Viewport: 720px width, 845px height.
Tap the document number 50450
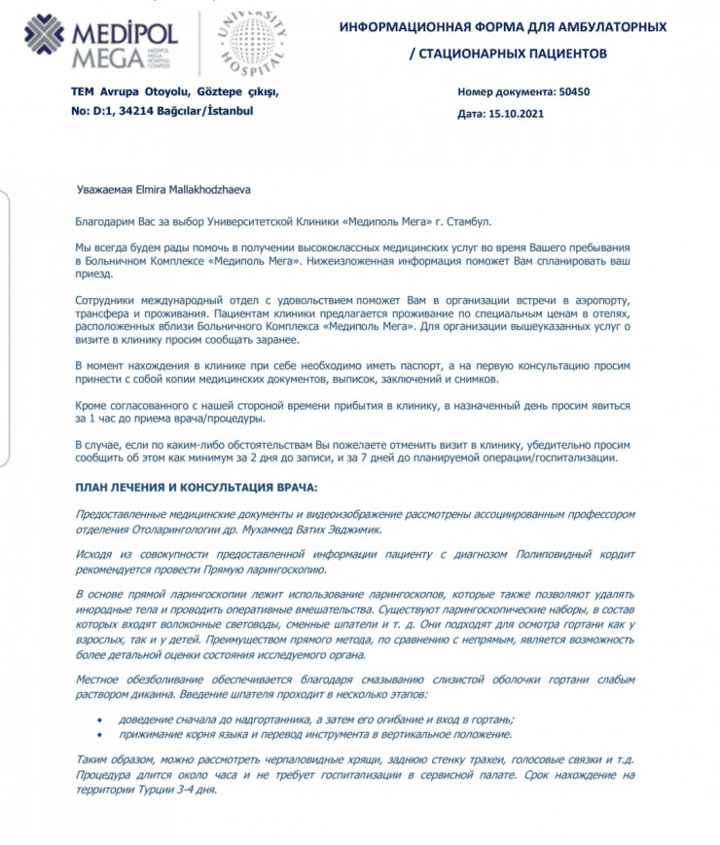(574, 92)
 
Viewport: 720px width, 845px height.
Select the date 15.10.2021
(517, 113)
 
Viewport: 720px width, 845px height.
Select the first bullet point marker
(98, 718)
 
